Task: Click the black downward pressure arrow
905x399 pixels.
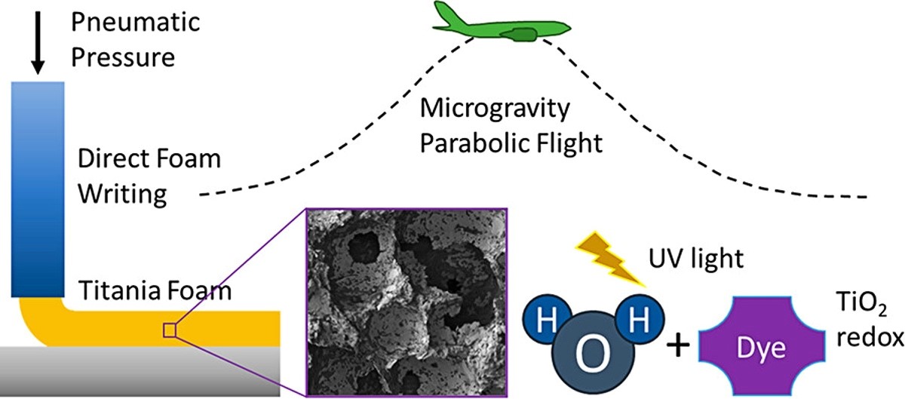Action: click(x=38, y=43)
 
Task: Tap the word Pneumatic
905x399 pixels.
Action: click(x=135, y=22)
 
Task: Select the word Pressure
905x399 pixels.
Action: click(x=123, y=57)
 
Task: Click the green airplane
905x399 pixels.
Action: click(x=502, y=22)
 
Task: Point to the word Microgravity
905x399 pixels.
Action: click(x=495, y=109)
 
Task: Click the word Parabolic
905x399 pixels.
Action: click(x=474, y=143)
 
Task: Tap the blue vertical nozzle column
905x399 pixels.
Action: click(x=38, y=189)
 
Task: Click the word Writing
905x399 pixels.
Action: click(x=122, y=195)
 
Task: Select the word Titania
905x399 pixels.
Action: click(x=120, y=290)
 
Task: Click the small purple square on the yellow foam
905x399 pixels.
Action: click(x=170, y=330)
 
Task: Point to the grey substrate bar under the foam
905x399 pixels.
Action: click(x=140, y=371)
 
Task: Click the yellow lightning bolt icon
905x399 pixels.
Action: click(x=609, y=259)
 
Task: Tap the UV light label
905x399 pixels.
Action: click(x=695, y=258)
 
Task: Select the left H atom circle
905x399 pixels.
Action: click(x=547, y=319)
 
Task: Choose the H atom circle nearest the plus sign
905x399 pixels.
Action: click(x=640, y=319)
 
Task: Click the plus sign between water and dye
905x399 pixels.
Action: click(x=677, y=346)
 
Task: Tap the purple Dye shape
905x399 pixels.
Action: click(x=762, y=346)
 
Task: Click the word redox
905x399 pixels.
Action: click(x=870, y=338)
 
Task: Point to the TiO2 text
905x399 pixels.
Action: click(x=861, y=303)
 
